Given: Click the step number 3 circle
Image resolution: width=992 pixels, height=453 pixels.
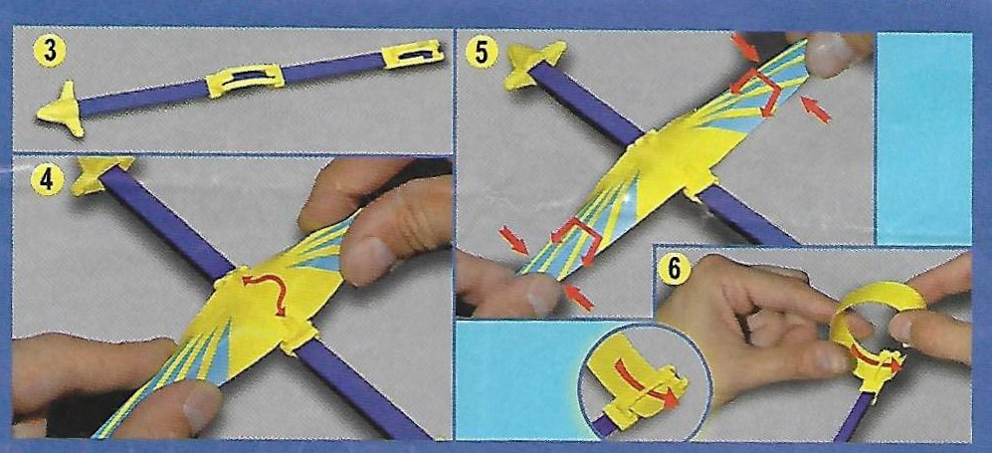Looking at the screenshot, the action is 50,52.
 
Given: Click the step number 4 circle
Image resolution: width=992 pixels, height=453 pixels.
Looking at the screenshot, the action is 46,179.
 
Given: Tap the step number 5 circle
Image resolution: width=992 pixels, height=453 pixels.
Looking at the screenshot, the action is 481,53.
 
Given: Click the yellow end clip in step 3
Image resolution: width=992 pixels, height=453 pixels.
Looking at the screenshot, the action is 414,54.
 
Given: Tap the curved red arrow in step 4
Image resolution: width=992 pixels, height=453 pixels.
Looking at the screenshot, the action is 265,292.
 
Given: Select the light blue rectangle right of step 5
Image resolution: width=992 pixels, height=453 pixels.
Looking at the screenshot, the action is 923,138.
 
